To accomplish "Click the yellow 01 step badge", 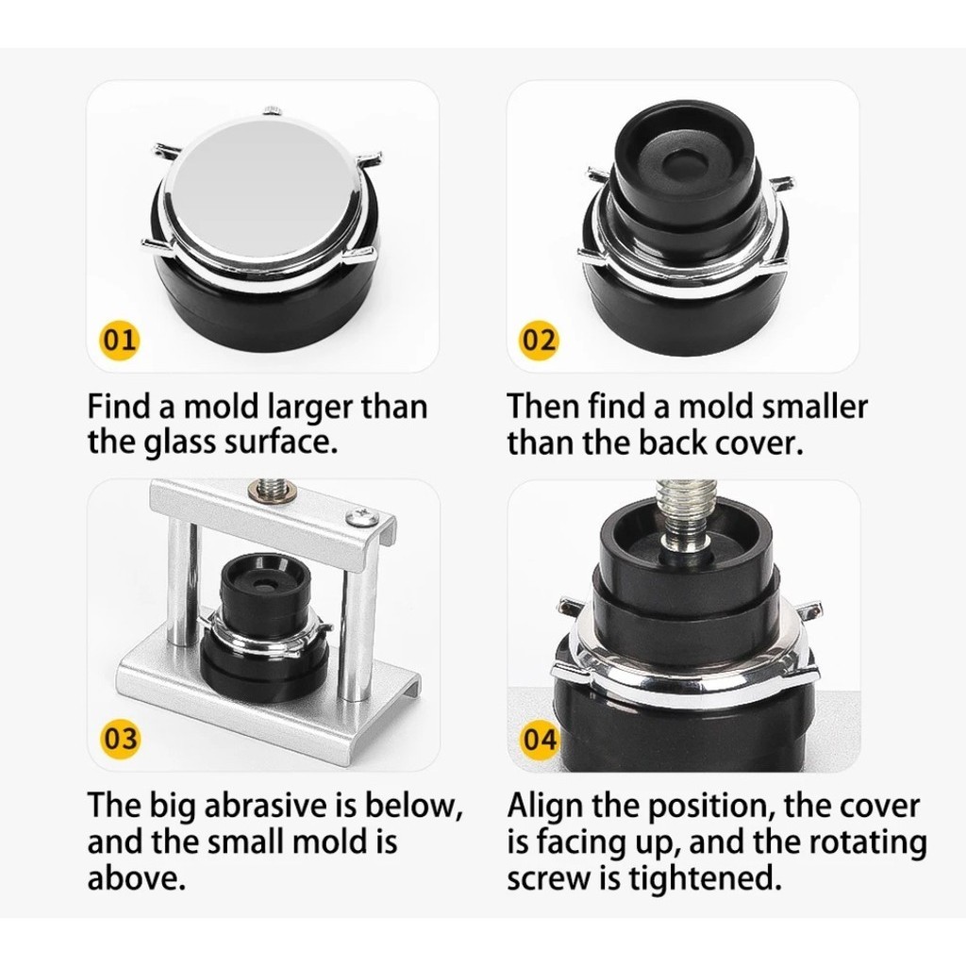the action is point(120,340).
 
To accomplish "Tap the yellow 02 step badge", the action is point(539,340).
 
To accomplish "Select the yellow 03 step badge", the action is point(120,738).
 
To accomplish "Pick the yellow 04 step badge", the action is point(539,740).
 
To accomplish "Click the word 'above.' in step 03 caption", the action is point(136,879).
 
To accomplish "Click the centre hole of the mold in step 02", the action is point(680,162).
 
